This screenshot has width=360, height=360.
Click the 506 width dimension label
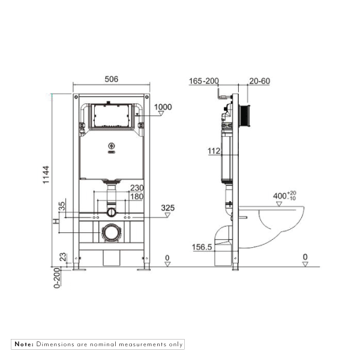pyautogui.click(x=111, y=79)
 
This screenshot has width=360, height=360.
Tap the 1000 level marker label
pyautogui.click(x=163, y=107)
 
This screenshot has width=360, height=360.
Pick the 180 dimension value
pyautogui.click(x=137, y=196)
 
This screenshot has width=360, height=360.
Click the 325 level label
pyautogui.click(x=168, y=208)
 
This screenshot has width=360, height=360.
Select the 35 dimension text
pyautogui.click(x=61, y=207)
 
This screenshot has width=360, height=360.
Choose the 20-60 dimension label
pyautogui.click(x=260, y=80)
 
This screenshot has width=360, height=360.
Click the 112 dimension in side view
pyautogui.click(x=215, y=152)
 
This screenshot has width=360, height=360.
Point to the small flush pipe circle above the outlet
pyautogui.click(x=110, y=212)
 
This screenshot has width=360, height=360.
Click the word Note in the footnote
pyautogui.click(x=23, y=344)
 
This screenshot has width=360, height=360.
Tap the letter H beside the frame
pyautogui.click(x=56, y=222)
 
